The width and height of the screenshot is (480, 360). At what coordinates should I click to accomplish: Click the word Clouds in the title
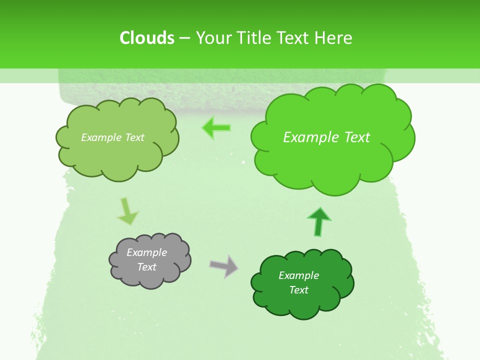click(x=146, y=38)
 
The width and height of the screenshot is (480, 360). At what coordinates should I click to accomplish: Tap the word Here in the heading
click(x=333, y=38)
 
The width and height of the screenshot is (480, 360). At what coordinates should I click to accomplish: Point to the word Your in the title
click(x=213, y=38)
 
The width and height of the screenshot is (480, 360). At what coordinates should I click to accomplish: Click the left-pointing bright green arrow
click(x=217, y=128)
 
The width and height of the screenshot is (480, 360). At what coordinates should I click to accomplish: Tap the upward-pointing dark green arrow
click(x=318, y=221)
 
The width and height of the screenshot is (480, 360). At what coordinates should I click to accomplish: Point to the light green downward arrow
click(x=127, y=211)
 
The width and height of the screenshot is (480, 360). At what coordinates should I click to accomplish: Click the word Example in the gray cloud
click(x=146, y=252)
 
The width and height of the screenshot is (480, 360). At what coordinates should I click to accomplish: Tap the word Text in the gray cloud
click(x=146, y=267)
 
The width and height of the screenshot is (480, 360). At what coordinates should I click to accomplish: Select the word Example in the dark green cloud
click(x=298, y=275)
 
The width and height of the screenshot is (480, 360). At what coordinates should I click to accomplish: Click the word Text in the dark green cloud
click(x=298, y=290)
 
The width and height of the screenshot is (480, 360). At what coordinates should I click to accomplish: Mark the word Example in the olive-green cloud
click(x=101, y=137)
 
